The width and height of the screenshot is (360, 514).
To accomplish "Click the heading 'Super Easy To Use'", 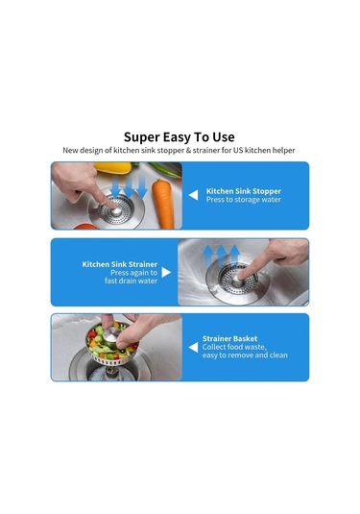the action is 180,137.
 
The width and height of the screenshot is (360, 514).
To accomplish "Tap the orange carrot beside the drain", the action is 163,204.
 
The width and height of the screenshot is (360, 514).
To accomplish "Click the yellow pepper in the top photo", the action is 113,167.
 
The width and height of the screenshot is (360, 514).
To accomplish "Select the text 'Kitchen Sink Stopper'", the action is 244,191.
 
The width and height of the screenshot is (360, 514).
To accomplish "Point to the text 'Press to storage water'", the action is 244,200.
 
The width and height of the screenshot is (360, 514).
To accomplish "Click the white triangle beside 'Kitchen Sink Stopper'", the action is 193,195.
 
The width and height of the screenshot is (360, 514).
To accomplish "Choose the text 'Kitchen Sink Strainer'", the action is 120,264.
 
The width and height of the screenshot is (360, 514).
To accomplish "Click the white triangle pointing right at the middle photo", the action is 166,273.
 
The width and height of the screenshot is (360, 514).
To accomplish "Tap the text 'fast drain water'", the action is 131,281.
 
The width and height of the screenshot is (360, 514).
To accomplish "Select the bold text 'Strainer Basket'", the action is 229,338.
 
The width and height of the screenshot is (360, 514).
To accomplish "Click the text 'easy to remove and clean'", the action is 245,355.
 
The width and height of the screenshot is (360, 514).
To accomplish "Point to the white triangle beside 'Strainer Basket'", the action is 193,348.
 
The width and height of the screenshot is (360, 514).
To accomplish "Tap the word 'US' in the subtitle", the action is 238,151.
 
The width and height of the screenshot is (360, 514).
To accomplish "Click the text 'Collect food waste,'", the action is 234,347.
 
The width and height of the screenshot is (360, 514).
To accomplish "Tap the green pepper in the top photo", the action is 164,169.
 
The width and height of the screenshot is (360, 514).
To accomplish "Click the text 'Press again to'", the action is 133,273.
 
